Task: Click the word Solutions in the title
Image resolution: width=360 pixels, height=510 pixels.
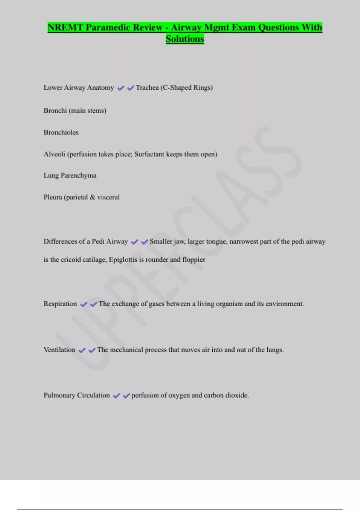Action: pyautogui.click(x=185, y=39)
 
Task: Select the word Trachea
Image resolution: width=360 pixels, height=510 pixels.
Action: pyautogui.click(x=147, y=88)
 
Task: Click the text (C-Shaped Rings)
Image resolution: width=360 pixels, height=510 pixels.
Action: pyautogui.click(x=187, y=88)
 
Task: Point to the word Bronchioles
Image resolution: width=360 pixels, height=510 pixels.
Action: pyautogui.click(x=61, y=132)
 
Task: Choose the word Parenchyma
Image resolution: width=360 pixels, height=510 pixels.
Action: pyautogui.click(x=79, y=175)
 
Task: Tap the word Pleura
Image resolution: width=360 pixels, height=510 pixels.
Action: pyautogui.click(x=53, y=197)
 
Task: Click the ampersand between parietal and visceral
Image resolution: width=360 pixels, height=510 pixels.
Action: pyautogui.click(x=92, y=197)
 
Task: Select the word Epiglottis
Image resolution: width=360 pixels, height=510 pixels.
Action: pyautogui.click(x=123, y=259)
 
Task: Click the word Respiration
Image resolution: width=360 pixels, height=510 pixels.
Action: pyautogui.click(x=60, y=304)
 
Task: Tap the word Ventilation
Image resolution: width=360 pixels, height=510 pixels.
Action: pyautogui.click(x=59, y=350)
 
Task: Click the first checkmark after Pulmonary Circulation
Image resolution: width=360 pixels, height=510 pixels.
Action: pyautogui.click(x=116, y=396)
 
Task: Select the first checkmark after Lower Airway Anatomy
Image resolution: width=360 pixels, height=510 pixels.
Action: pyautogui.click(x=121, y=88)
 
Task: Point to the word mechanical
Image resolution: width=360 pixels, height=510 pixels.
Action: pyautogui.click(x=127, y=350)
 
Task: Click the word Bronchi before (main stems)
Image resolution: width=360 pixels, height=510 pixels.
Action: pyautogui.click(x=55, y=110)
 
